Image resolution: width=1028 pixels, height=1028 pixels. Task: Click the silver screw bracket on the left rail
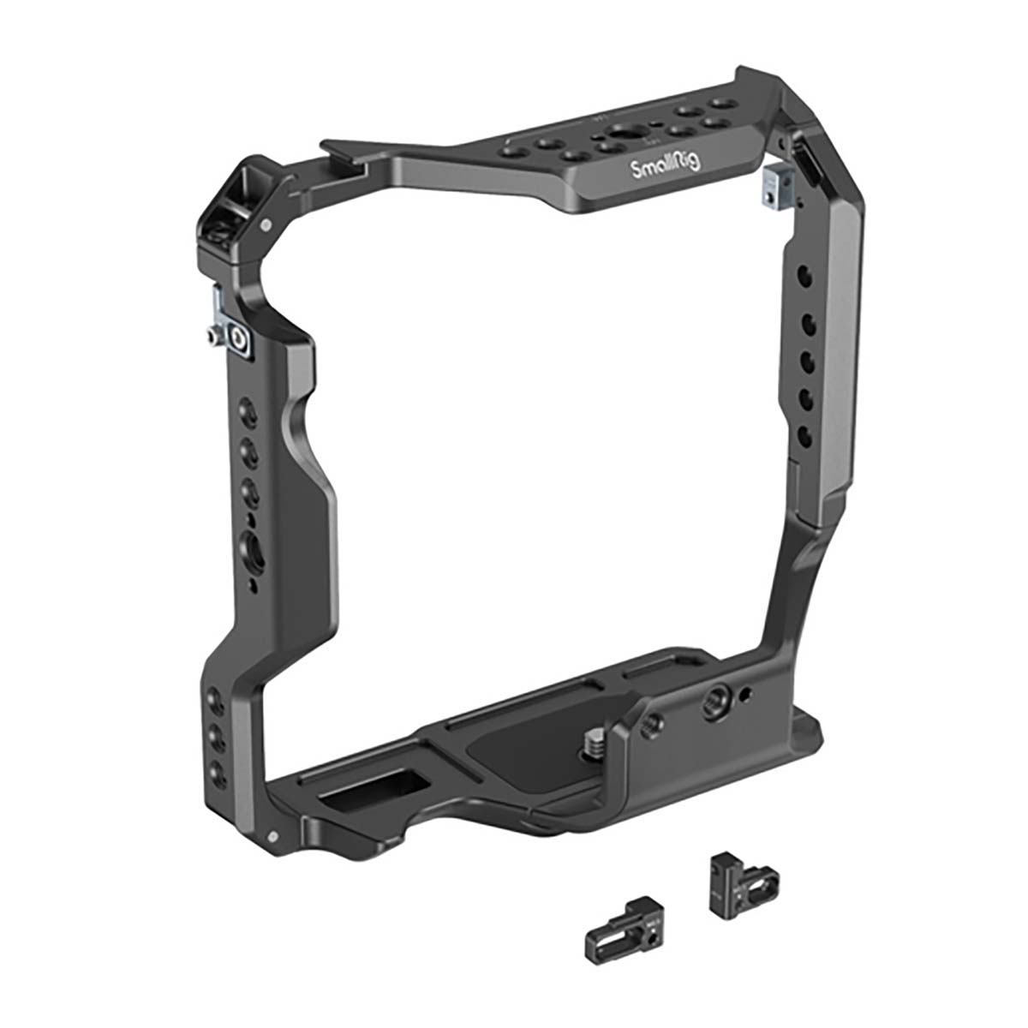[x=230, y=332]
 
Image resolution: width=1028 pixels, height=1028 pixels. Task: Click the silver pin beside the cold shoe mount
[x=268, y=225]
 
